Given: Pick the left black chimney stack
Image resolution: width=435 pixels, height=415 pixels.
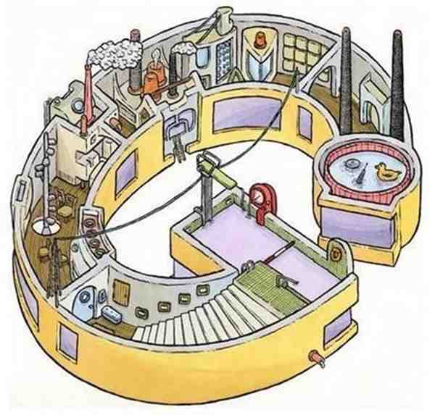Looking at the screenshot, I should point(346,80).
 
